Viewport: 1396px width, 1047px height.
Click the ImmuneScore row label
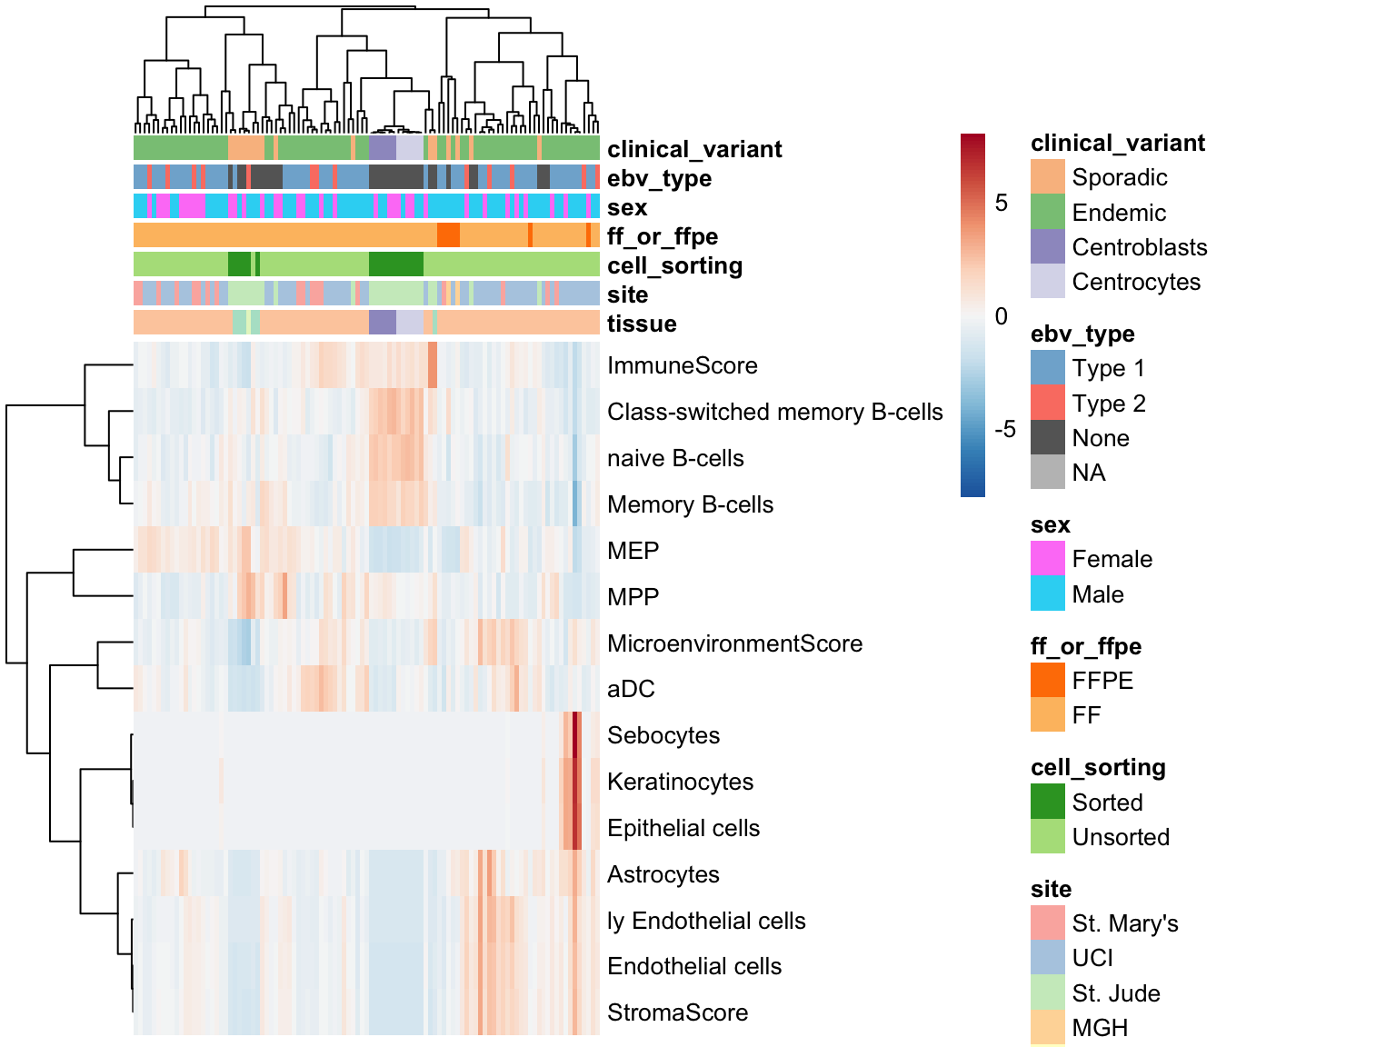pyautogui.click(x=682, y=365)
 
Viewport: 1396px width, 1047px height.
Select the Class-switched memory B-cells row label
pyautogui.click(x=774, y=412)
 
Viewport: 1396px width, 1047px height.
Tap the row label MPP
pyautogui.click(x=633, y=597)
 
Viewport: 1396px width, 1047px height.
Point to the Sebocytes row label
pyautogui.click(x=663, y=735)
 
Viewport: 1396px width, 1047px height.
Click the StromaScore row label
pyautogui.click(x=677, y=1012)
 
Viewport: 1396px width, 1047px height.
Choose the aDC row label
pyautogui.click(x=630, y=689)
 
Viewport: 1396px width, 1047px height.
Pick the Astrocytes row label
pyautogui.click(x=663, y=874)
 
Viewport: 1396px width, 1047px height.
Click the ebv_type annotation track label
pyautogui.click(x=659, y=179)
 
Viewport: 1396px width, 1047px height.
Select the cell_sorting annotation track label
pyautogui.click(x=674, y=265)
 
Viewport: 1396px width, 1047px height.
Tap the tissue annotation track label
pyautogui.click(x=642, y=324)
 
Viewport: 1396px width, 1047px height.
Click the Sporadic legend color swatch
pyautogui.click(x=1048, y=176)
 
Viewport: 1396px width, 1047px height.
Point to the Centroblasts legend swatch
pyautogui.click(x=1048, y=246)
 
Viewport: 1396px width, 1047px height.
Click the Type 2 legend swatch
pyautogui.click(x=1048, y=403)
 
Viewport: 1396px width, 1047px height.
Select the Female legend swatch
pyautogui.click(x=1048, y=558)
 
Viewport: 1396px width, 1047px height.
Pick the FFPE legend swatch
pyautogui.click(x=1048, y=680)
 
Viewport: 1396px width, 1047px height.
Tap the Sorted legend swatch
pyautogui.click(x=1048, y=801)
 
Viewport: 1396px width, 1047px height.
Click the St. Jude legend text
pyautogui.click(x=1116, y=993)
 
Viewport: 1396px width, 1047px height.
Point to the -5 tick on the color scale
pyautogui.click(x=1005, y=429)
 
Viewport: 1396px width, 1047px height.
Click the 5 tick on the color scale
pyautogui.click(x=1001, y=203)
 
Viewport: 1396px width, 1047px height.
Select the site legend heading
pyautogui.click(x=1051, y=889)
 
